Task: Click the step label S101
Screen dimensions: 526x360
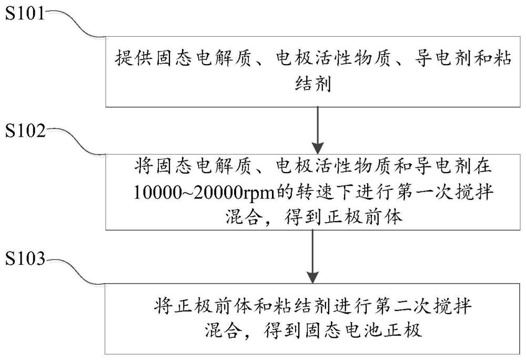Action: tap(25, 14)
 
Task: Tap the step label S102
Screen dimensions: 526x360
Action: tap(25, 131)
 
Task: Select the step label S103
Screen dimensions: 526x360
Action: tap(25, 259)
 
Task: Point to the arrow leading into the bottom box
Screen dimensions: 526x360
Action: tap(312, 257)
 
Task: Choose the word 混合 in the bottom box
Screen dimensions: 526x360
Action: tap(223, 331)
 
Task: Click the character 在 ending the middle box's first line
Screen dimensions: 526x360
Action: tap(482, 166)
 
